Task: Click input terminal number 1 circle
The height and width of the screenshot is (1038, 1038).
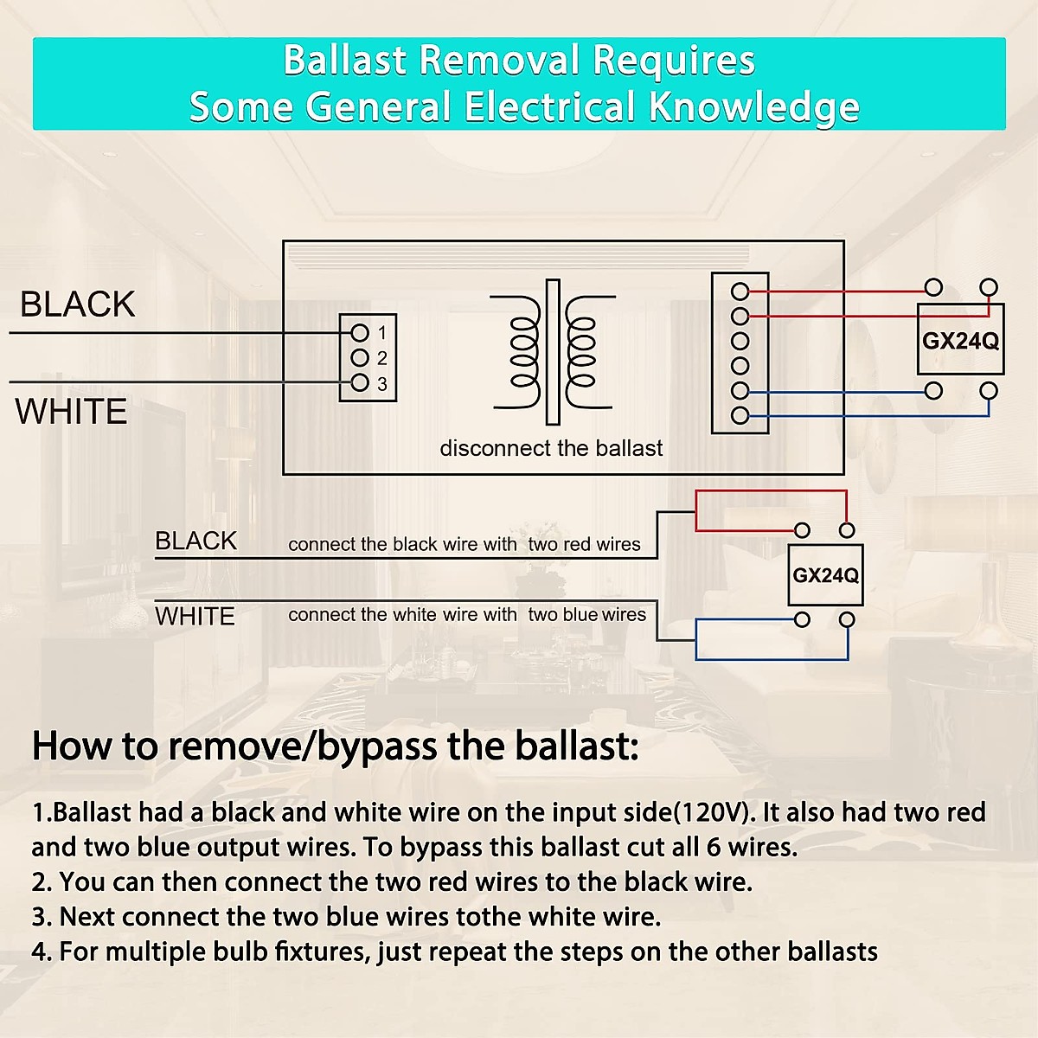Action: click(359, 333)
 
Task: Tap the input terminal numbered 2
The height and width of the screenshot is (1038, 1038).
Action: click(359, 357)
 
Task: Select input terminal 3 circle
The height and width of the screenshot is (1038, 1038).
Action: click(359, 383)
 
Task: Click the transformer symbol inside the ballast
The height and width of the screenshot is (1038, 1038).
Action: click(554, 352)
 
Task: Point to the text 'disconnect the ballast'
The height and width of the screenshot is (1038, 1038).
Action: click(551, 448)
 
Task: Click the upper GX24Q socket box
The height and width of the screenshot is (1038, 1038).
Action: click(960, 339)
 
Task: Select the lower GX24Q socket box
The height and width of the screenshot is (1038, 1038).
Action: click(825, 575)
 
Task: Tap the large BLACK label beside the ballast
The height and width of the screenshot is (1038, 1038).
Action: click(78, 304)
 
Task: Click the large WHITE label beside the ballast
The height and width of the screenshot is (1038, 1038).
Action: click(71, 412)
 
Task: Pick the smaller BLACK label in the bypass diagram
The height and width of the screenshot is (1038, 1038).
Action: click(196, 541)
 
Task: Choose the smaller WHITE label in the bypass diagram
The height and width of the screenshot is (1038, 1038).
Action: click(195, 616)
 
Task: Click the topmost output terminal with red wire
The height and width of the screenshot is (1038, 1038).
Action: click(740, 292)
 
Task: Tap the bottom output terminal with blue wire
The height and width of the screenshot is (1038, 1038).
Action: click(740, 415)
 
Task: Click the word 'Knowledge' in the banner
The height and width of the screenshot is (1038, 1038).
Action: click(754, 106)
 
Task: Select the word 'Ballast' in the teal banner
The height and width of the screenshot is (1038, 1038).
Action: click(345, 60)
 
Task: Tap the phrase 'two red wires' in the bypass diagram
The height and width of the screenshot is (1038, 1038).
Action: click(585, 544)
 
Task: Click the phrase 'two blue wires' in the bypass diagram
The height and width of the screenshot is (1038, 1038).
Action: click(587, 615)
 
